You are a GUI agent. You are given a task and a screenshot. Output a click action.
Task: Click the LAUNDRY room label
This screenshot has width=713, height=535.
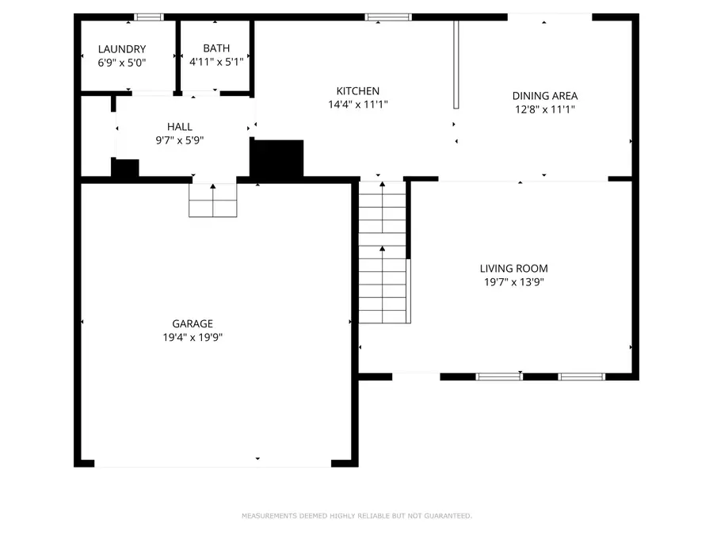click(121, 49)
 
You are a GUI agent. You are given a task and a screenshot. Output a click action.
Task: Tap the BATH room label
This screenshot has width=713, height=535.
click(216, 48)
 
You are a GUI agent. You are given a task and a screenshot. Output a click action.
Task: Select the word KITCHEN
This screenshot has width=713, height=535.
click(357, 91)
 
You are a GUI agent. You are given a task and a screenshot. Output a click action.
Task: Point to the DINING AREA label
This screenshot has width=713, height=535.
click(544, 96)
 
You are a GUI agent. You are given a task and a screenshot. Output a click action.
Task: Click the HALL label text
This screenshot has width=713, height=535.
click(179, 127)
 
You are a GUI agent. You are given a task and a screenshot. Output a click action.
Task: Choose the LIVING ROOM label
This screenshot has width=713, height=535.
click(513, 269)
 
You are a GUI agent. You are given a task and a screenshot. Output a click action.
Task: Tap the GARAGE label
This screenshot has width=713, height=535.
click(193, 323)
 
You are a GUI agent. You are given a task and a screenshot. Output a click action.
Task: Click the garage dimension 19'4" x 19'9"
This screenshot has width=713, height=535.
click(193, 337)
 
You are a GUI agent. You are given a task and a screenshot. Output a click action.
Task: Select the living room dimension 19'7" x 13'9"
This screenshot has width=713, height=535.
click(513, 282)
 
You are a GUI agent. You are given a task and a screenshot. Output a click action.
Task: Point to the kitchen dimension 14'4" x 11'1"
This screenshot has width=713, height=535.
click(357, 105)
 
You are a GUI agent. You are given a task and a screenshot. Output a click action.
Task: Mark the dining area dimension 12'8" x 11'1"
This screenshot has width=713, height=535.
click(544, 109)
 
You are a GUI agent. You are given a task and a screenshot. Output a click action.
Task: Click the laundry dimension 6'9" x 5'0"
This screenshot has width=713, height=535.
click(121, 62)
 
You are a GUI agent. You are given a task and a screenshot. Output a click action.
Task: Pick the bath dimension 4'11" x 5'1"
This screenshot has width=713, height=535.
click(216, 62)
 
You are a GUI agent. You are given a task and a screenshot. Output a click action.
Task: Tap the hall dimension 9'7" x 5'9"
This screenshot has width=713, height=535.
click(179, 140)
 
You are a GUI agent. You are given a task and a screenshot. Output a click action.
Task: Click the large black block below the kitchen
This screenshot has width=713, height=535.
click(277, 159)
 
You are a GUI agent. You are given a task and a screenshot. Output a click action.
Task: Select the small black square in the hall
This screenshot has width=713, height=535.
click(124, 168)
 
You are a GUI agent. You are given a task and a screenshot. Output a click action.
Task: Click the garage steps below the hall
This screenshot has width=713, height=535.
click(213, 201)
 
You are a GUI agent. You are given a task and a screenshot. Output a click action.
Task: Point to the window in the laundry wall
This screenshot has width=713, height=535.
click(148, 17)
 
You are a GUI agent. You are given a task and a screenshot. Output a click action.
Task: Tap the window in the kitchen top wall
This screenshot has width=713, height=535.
click(388, 17)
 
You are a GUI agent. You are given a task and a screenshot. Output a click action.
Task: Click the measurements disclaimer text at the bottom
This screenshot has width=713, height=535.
click(356, 516)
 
